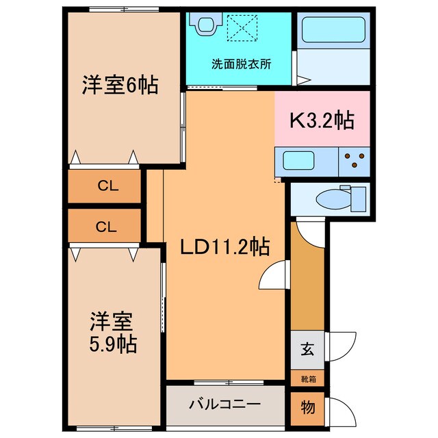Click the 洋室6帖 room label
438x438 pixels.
121,86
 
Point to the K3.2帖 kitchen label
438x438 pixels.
322,122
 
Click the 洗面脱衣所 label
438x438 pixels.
241,65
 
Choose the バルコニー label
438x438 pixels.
224,404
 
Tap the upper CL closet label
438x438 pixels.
105,185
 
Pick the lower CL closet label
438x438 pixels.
105,226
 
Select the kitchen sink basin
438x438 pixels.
298,163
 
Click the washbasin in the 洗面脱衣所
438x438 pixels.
205,24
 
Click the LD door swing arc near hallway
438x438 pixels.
272,277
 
